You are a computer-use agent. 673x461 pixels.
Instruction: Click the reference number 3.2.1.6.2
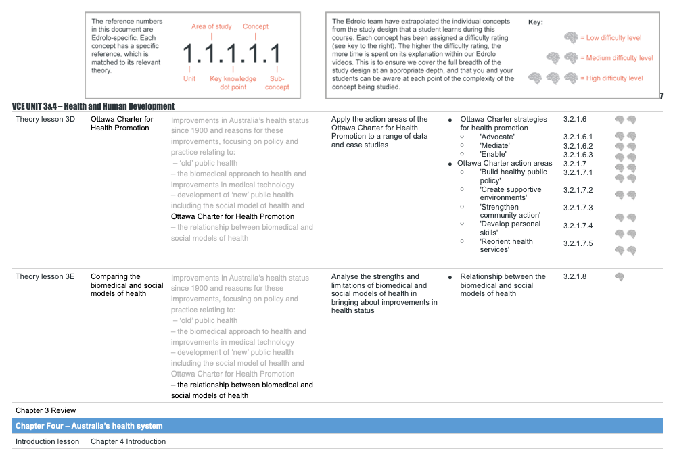[x=578, y=146]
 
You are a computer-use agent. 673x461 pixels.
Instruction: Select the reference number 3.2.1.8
[x=574, y=276]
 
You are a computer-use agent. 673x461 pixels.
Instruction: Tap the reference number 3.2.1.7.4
[x=578, y=226]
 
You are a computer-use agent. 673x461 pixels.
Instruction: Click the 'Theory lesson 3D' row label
[x=45, y=119]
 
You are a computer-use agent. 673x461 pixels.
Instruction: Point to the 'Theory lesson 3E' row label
[x=45, y=276]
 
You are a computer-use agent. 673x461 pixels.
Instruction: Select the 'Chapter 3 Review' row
[x=46, y=410]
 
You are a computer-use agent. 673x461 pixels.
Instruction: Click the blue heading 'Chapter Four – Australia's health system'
[x=89, y=426]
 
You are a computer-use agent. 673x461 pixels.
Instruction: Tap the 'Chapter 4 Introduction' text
[x=128, y=441]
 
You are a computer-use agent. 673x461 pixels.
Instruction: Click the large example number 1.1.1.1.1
[x=232, y=53]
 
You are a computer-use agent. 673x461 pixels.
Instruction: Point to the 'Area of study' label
[x=211, y=26]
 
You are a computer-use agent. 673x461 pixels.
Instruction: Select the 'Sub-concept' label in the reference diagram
[x=277, y=82]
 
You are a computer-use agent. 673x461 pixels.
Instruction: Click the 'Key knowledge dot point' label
[x=233, y=82]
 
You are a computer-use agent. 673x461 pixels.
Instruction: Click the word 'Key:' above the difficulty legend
[x=535, y=22]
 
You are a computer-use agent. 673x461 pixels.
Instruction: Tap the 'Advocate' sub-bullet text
[x=496, y=137]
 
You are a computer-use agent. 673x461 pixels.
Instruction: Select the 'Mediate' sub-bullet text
[x=494, y=145]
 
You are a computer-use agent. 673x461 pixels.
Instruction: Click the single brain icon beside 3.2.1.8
[x=619, y=276]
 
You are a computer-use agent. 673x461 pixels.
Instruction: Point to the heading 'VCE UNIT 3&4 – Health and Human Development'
[x=93, y=106]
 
